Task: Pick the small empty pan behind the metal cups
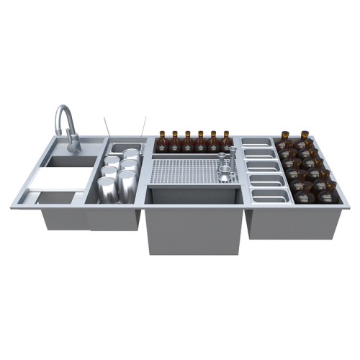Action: (122, 148)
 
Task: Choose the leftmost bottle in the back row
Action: (162, 143)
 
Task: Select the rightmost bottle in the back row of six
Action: (227, 141)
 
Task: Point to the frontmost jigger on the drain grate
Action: (224, 175)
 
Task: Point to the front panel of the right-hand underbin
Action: (292, 222)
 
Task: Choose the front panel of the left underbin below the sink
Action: (65, 218)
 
